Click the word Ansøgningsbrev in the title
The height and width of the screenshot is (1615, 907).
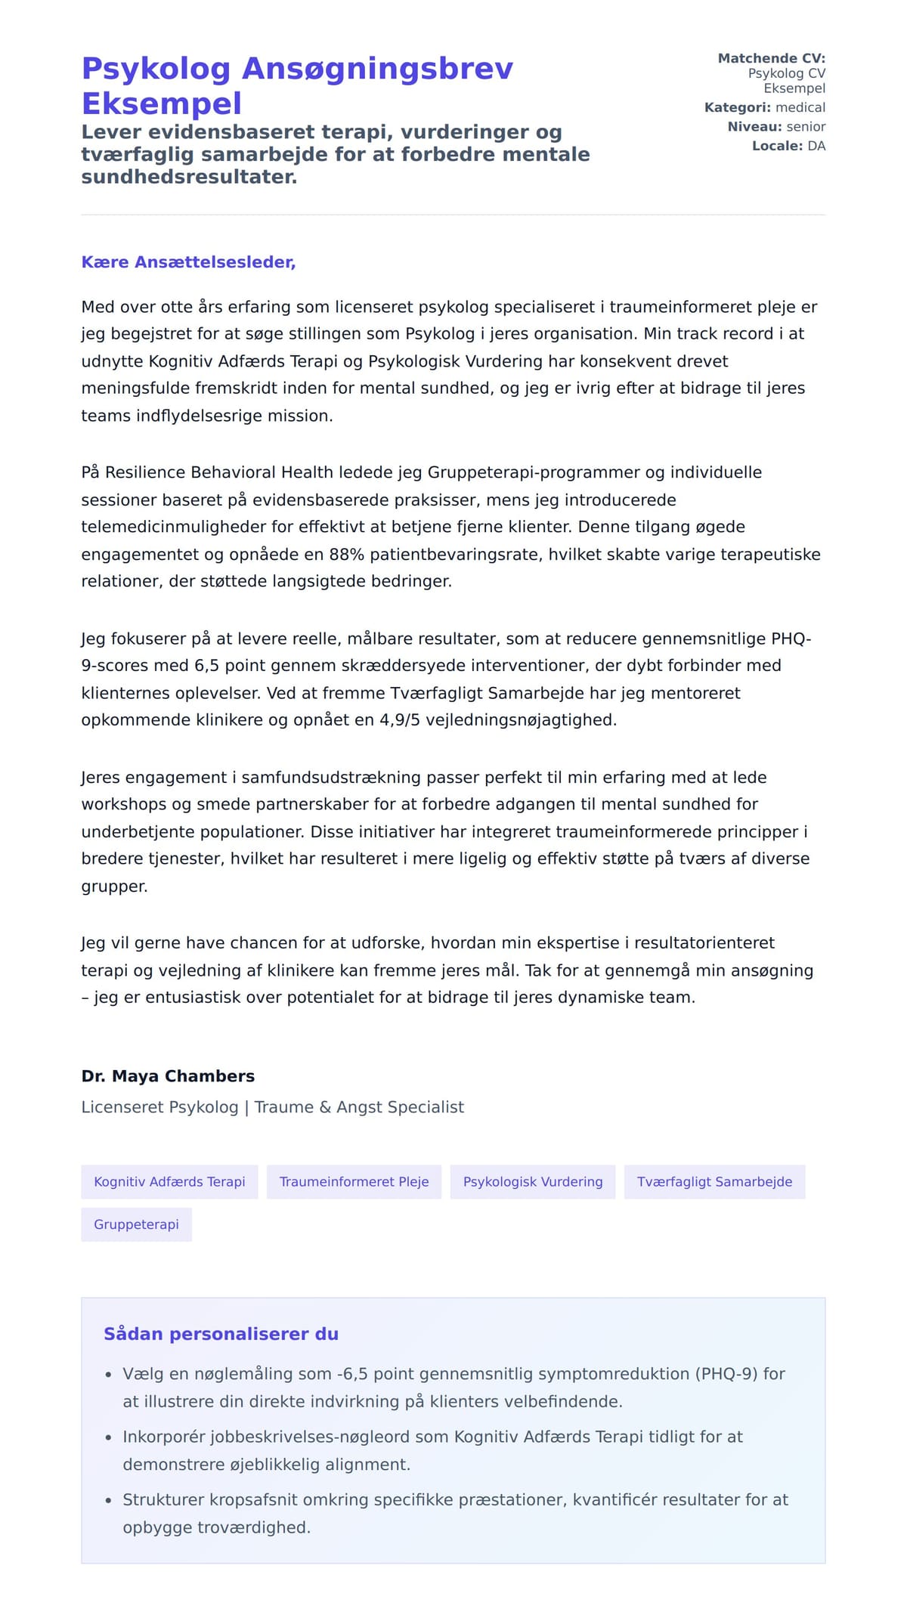[x=377, y=69]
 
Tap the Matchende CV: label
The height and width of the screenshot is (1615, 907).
[x=771, y=58]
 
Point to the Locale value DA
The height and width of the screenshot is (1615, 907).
[x=816, y=146]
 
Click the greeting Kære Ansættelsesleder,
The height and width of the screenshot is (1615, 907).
[x=188, y=262]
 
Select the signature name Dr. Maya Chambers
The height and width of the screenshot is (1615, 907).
[x=168, y=1076]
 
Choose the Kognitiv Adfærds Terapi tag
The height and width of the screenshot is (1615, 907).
[x=169, y=1182]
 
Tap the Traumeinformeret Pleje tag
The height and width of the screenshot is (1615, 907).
[x=354, y=1182]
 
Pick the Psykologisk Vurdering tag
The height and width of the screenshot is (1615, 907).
[x=533, y=1182]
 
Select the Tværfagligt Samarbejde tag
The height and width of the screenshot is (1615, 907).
[x=714, y=1182]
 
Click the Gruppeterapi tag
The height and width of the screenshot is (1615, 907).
[x=136, y=1224]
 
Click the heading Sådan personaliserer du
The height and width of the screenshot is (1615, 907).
[x=221, y=1334]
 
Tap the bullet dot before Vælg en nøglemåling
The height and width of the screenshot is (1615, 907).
[x=109, y=1375]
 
